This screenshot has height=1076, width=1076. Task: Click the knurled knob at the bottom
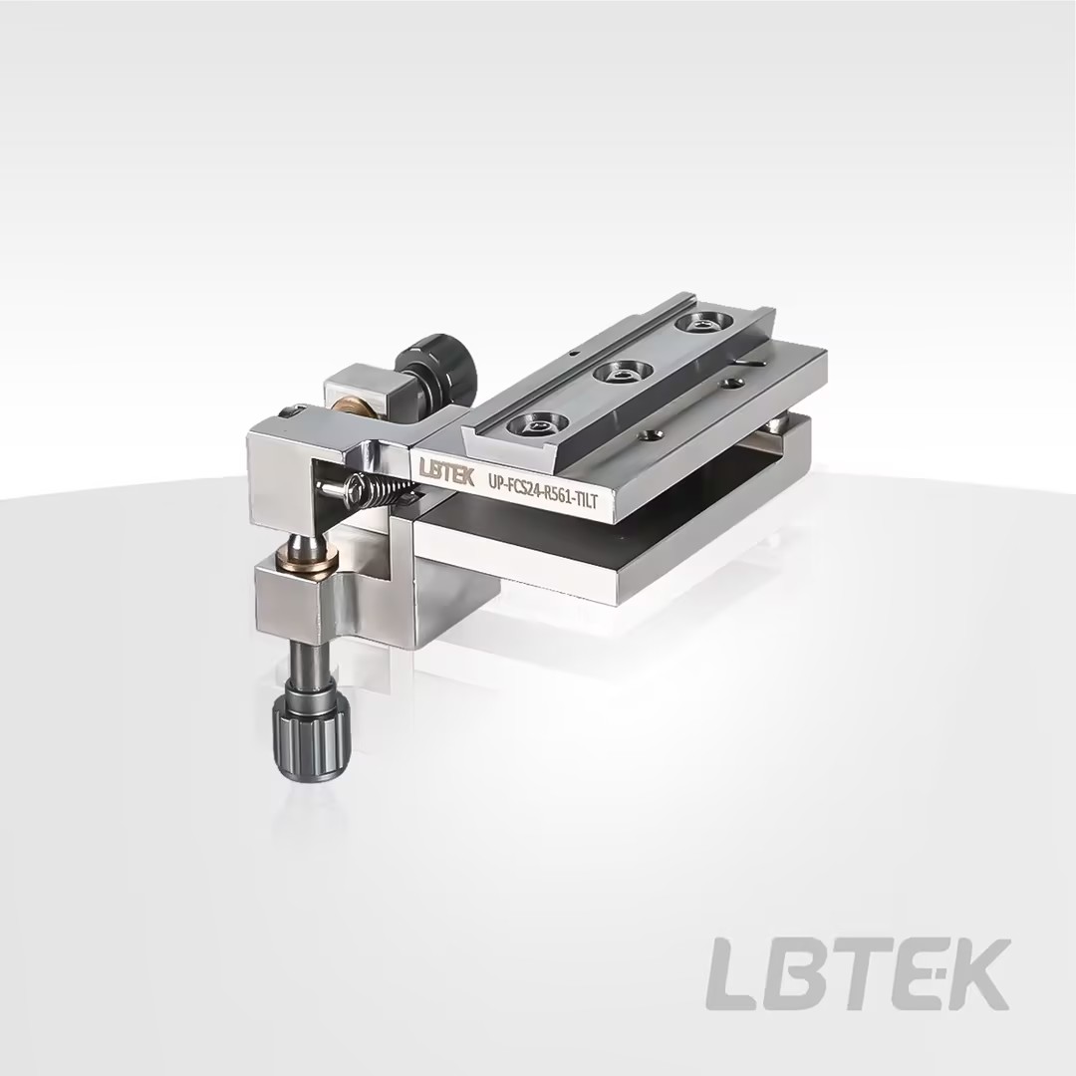click(x=312, y=735)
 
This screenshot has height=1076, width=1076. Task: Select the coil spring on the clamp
click(x=383, y=488)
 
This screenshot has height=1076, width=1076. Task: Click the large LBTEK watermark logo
click(x=858, y=973)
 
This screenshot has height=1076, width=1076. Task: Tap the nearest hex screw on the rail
click(x=536, y=426)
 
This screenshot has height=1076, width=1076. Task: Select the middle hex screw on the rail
click(x=623, y=376)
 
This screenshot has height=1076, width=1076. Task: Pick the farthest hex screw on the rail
click(x=701, y=324)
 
